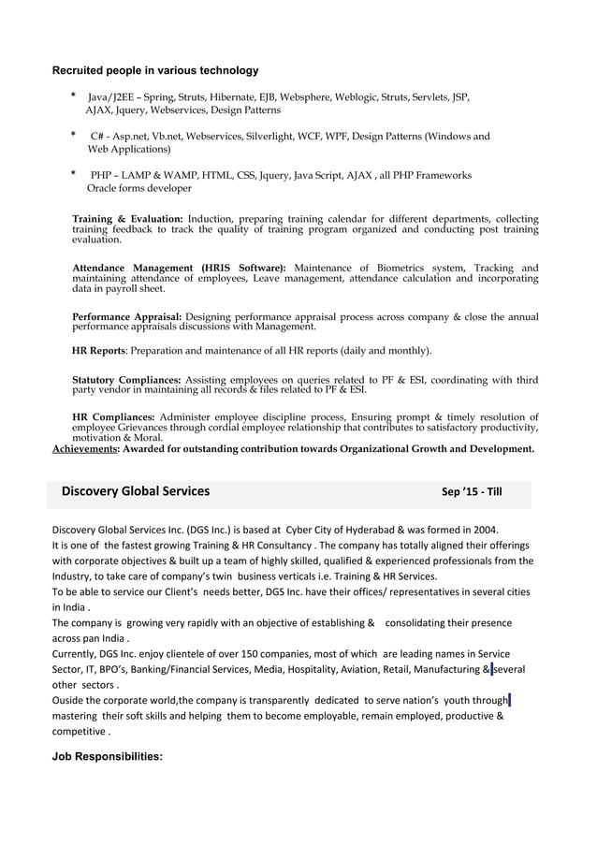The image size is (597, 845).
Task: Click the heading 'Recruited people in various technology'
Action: click(155, 70)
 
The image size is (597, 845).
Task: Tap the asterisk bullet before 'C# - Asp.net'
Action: click(74, 136)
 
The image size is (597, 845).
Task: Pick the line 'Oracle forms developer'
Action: click(138, 188)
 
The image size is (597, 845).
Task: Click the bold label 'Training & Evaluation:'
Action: click(127, 219)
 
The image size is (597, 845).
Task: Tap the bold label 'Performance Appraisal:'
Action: click(127, 317)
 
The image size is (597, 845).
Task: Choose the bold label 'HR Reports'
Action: click(98, 351)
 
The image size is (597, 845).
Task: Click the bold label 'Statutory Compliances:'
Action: click(126, 380)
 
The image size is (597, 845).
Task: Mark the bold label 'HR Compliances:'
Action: click(113, 417)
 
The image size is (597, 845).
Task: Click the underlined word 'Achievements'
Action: click(85, 449)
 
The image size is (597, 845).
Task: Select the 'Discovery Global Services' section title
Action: click(136, 492)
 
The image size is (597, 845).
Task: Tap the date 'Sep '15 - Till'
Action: click(472, 493)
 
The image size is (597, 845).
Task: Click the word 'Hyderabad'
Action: click(367, 528)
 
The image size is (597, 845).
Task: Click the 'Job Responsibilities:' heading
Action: click(107, 750)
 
